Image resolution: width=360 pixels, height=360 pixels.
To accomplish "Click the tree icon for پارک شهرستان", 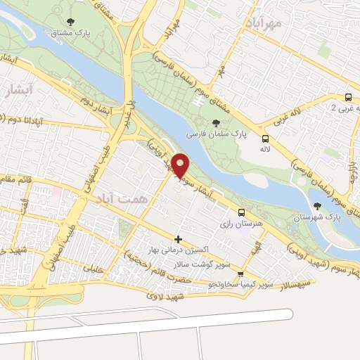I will point(318,206).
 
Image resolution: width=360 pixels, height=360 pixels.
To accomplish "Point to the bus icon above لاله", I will point(265,139).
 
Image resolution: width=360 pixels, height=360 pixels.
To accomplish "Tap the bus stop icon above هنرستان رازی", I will point(242,212).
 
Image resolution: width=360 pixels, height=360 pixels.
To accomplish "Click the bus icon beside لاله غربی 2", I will point(349,98).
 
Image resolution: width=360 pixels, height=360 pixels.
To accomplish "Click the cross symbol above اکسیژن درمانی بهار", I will point(179,240).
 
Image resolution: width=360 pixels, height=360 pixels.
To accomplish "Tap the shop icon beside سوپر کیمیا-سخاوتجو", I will point(241,274).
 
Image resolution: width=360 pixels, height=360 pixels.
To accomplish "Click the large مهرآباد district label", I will point(264,23).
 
